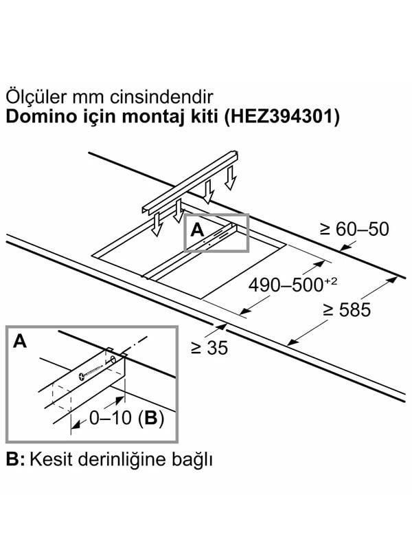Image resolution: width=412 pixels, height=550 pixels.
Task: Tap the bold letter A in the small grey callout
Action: (197, 231)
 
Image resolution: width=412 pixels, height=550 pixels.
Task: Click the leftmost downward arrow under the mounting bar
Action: (157, 224)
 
